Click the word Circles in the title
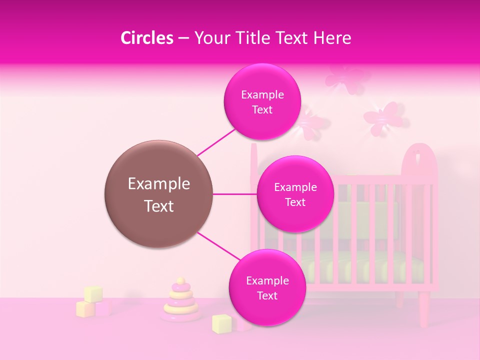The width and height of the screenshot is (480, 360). (146, 38)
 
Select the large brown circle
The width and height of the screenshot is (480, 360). (159, 194)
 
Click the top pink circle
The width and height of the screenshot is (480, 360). (262, 102)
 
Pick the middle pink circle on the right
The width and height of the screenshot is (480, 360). (295, 194)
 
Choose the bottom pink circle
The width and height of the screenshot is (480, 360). (267, 287)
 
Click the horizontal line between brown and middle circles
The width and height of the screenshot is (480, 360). (234, 194)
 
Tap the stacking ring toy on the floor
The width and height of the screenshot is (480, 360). (181, 302)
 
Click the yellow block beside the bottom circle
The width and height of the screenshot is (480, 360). (220, 323)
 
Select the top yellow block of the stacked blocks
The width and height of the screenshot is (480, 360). (93, 293)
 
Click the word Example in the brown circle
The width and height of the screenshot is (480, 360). (159, 184)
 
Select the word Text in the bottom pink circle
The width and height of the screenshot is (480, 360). (267, 295)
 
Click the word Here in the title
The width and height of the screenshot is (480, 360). (334, 38)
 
